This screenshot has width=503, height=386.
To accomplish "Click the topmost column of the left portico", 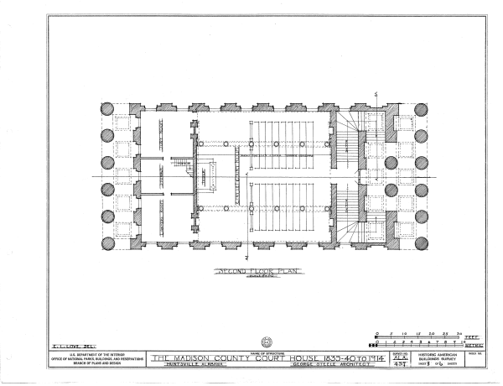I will click(107, 109).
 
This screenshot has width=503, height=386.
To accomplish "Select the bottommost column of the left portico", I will click(107, 243).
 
